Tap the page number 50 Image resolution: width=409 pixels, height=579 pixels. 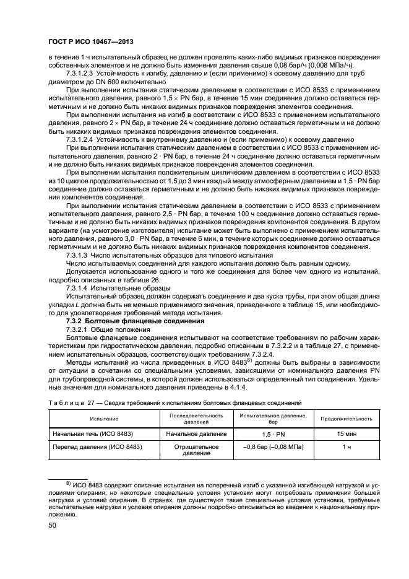[53, 525]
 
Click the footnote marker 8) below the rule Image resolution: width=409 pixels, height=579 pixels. [70, 481]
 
